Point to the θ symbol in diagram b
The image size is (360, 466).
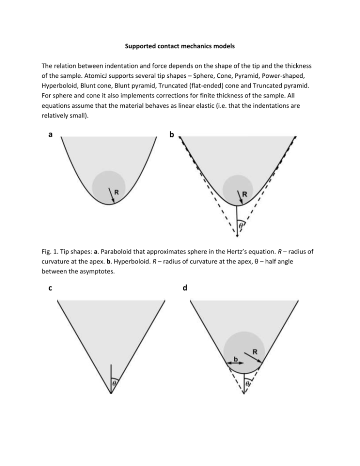tap(241, 225)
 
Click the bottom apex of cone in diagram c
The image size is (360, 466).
tap(111, 394)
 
